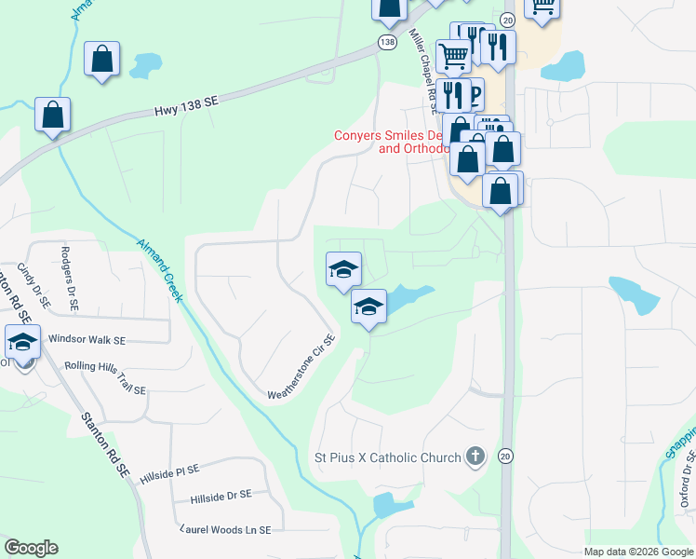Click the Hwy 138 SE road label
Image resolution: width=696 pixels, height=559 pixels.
pos(186,109)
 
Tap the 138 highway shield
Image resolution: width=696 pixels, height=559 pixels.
pos(386,43)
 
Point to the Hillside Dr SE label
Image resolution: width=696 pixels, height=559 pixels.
pos(221,496)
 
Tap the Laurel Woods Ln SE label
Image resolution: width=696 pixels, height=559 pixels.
pos(225,529)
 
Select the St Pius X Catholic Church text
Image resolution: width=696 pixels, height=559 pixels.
pos(386,457)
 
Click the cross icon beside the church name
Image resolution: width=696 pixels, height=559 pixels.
pos(475,457)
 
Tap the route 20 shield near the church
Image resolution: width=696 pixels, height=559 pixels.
pos(505,455)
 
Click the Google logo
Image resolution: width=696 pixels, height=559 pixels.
pos(32,548)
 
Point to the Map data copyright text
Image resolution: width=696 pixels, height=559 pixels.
pos(638,552)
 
